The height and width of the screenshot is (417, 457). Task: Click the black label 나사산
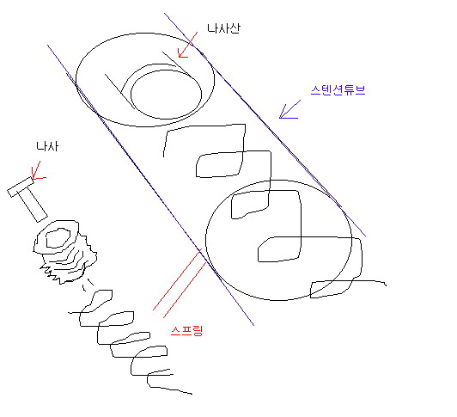(x=224, y=28)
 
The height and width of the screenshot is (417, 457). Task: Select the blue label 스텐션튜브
(x=338, y=90)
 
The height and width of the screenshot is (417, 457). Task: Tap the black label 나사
(x=47, y=146)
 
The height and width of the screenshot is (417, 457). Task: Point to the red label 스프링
(x=186, y=331)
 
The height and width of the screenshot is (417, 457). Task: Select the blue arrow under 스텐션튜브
(x=289, y=109)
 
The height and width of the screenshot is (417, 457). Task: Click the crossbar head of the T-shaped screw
(x=21, y=187)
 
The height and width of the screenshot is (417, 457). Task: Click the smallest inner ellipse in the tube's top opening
(x=166, y=95)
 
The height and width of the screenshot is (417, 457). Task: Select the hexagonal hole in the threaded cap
(x=58, y=238)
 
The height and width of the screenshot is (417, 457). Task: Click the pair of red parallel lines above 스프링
(x=180, y=284)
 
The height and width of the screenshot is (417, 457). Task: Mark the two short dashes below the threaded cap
(x=87, y=285)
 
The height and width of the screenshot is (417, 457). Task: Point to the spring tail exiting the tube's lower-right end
(x=370, y=282)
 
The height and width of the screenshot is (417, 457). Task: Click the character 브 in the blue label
(x=360, y=90)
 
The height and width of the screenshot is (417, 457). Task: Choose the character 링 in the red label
(x=197, y=331)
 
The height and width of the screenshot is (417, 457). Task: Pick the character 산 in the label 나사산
(x=235, y=28)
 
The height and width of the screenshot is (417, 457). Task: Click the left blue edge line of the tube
(x=150, y=185)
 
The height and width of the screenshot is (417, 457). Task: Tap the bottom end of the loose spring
(x=192, y=394)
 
